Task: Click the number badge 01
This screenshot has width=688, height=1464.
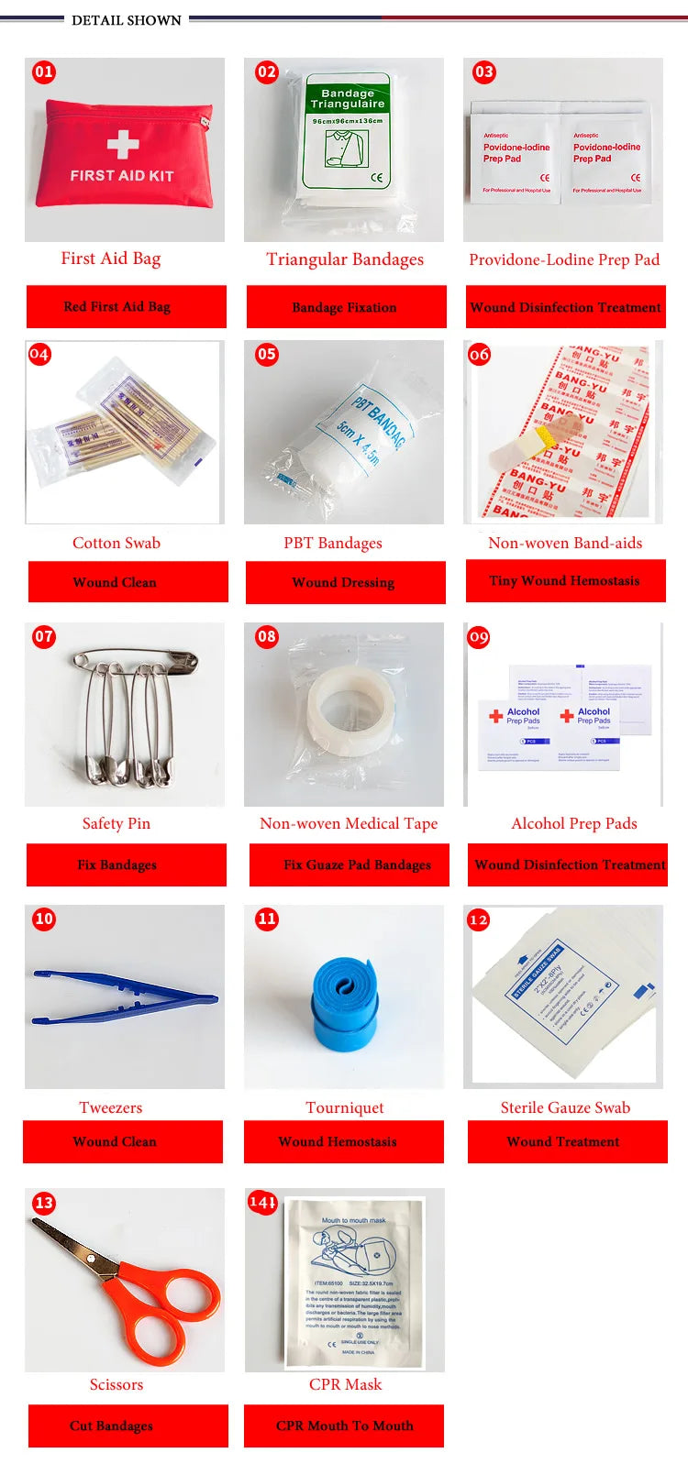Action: pos(44,72)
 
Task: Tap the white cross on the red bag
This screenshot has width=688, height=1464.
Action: pos(123,144)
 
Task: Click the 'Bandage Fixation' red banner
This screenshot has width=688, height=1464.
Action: pos(345,307)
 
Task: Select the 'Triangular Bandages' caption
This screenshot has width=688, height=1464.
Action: pos(345,259)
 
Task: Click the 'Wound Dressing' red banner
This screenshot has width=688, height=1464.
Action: pos(345,582)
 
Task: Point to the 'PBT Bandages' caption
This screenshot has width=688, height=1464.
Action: pos(333,543)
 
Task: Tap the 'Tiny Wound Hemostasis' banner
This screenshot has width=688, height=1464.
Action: pos(565,581)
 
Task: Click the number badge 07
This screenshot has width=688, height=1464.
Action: pos(44,636)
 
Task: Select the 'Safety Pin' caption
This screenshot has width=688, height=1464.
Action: pos(117,823)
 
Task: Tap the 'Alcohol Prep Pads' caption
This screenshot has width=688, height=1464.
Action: pos(574,823)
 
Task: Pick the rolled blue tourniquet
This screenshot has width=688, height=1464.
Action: pos(344,999)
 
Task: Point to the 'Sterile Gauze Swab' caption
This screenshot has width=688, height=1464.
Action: pos(565,1107)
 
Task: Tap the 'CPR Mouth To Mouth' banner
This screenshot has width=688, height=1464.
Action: pos(344,1425)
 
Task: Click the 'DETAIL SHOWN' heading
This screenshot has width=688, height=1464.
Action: pos(127,20)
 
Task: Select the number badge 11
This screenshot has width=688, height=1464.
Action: pos(267,919)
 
